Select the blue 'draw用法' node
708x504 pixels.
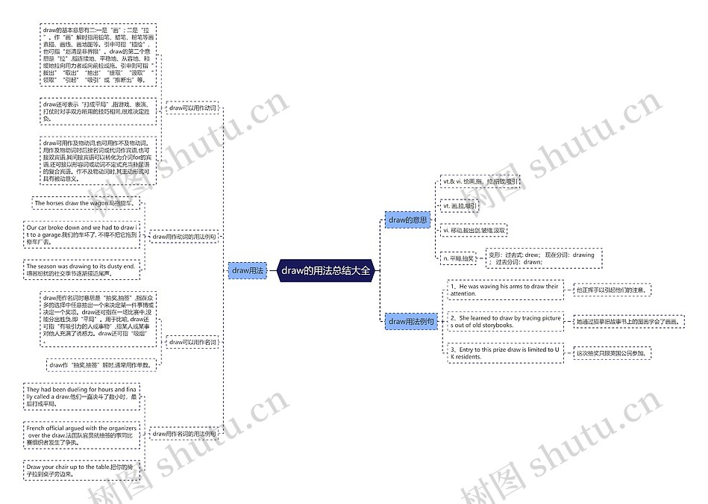coord(248,270)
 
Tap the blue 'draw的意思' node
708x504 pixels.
coord(408,220)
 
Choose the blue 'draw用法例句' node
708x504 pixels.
coord(410,321)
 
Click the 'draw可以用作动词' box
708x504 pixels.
coord(192,108)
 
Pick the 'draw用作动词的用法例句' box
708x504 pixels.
coord(184,237)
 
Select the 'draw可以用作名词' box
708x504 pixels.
coord(192,343)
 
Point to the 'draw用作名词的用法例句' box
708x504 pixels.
coord(184,434)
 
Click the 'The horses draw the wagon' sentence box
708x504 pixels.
coord(86,203)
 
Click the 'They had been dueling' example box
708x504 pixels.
coord(81,396)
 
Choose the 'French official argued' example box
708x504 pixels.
coord(81,435)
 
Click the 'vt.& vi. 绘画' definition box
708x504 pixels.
coord(480,181)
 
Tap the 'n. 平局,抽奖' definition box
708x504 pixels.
coord(460,258)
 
